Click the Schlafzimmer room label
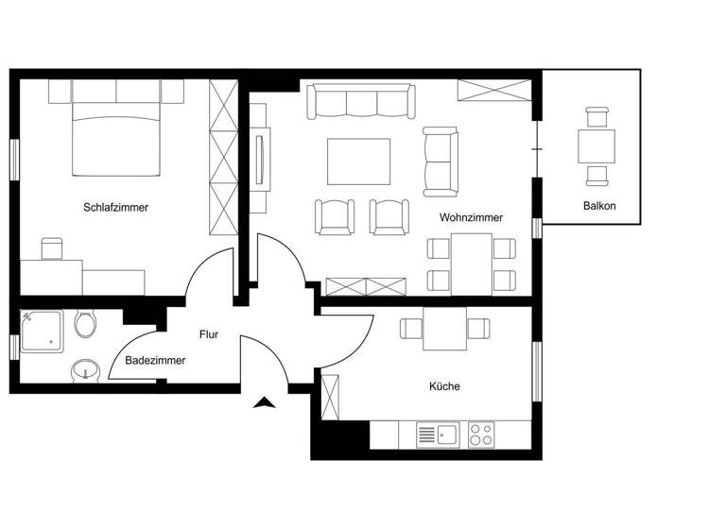(115, 207)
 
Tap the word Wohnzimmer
(471, 217)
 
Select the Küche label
(444, 386)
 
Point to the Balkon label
(599, 206)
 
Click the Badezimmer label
(155, 361)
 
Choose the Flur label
(210, 334)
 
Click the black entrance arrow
(265, 403)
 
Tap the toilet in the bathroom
(85, 325)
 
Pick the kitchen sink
(438, 435)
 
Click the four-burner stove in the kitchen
(480, 435)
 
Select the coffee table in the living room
(358, 162)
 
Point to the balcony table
(596, 146)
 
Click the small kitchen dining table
(444, 329)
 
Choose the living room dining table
(471, 264)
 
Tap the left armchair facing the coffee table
(335, 216)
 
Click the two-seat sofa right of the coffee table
(440, 161)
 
